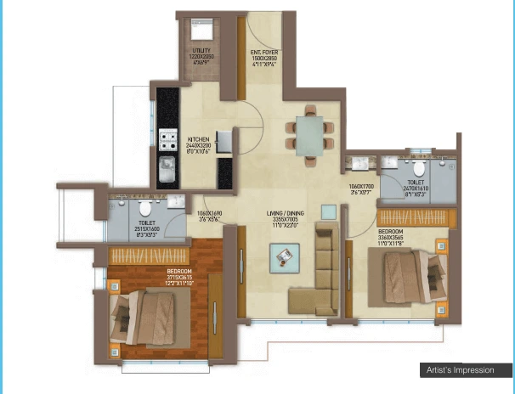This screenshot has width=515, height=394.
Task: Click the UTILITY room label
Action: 201,55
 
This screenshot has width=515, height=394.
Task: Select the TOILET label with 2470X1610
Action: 417,187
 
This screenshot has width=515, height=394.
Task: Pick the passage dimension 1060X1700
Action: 361,190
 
